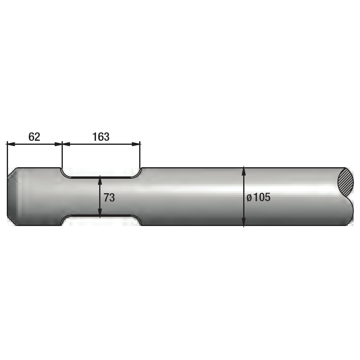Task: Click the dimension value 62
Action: click(34, 137)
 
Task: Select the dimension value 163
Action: click(101, 137)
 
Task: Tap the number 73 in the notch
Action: click(109, 197)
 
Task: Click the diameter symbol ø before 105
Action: click(249, 198)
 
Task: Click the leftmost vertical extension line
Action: click(7, 156)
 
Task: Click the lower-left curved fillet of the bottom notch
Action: click(65, 220)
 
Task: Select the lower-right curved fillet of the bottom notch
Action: click(137, 220)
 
